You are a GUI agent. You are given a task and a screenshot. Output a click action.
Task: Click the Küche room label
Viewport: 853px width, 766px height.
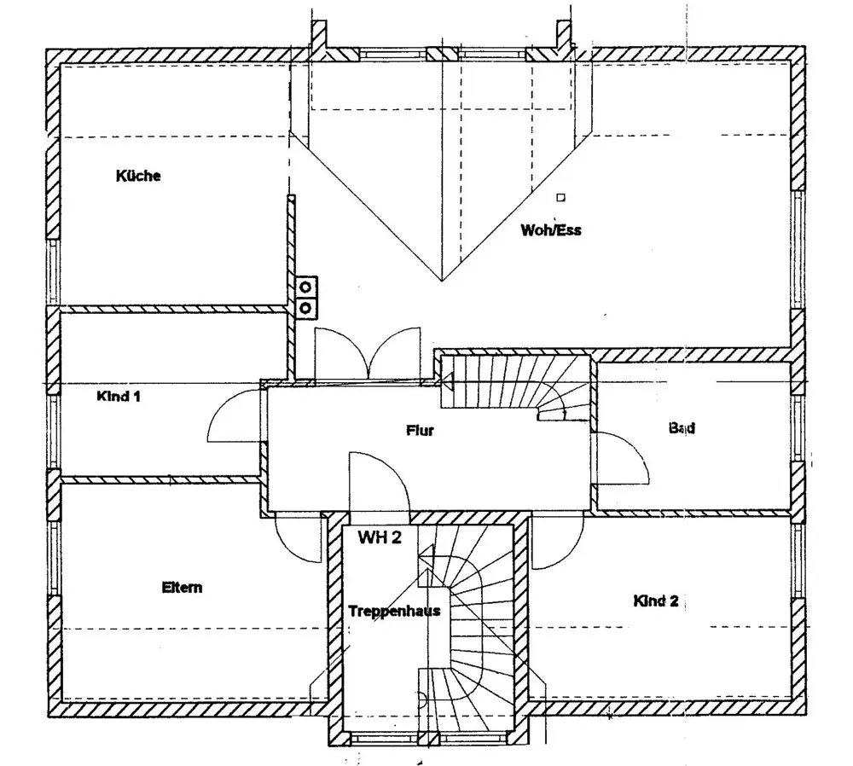[138, 177]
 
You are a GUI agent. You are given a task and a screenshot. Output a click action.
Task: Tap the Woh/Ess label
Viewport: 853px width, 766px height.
[551, 229]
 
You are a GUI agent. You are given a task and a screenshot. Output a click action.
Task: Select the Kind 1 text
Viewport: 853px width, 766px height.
[119, 396]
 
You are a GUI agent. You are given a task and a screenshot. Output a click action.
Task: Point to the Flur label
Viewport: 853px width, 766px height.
[420, 431]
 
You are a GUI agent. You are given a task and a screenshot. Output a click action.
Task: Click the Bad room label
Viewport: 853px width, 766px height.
[682, 428]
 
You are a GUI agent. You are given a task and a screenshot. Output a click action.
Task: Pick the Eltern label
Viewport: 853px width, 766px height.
[182, 587]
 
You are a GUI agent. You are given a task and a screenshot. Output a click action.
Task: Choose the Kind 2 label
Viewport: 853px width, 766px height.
[655, 601]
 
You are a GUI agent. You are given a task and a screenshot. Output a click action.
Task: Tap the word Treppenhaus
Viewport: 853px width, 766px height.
[394, 611]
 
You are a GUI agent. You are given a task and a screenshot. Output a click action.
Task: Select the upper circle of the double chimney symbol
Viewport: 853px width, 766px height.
[305, 287]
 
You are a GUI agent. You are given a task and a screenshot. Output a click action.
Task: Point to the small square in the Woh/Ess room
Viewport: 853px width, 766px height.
[560, 198]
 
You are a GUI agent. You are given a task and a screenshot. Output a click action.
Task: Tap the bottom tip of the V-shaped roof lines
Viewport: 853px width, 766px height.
[442, 281]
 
